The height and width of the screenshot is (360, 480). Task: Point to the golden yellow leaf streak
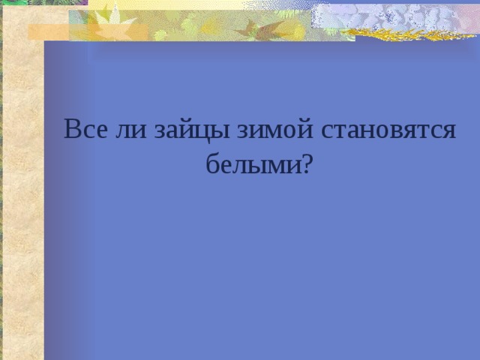coord(409,34)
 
